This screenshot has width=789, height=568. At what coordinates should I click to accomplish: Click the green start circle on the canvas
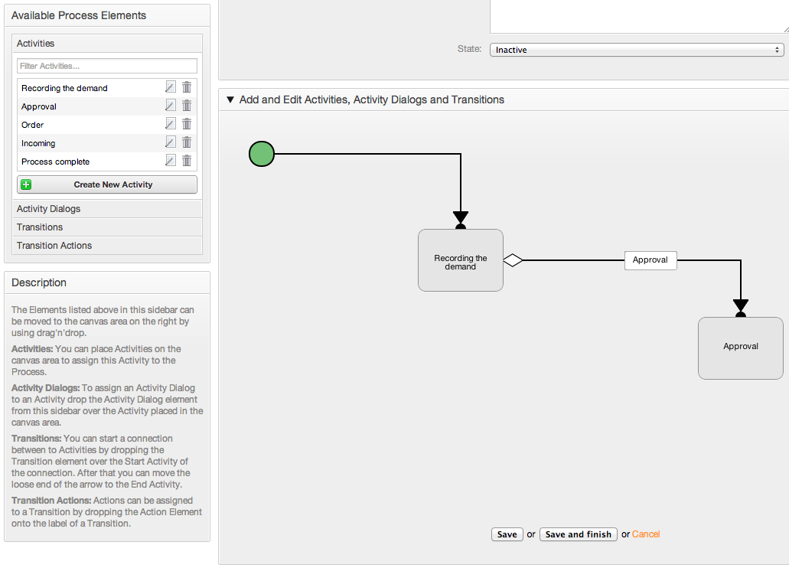(x=262, y=154)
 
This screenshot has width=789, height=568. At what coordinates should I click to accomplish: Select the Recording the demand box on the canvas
(x=461, y=260)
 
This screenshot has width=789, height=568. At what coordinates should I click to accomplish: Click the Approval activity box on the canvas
(x=740, y=348)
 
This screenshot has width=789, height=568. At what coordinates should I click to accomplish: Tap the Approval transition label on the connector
(x=650, y=260)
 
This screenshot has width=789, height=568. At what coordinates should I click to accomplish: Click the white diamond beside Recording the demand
(x=513, y=260)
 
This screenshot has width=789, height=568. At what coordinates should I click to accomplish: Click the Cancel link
(x=646, y=534)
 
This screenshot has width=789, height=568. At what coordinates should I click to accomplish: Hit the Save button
(x=507, y=534)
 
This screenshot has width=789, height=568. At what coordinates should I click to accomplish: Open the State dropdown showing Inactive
(x=637, y=50)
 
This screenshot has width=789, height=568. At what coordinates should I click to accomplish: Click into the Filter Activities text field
(x=107, y=66)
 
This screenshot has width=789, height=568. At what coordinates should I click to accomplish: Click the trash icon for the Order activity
(x=187, y=124)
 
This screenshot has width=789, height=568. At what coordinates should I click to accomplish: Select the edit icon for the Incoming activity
(x=171, y=142)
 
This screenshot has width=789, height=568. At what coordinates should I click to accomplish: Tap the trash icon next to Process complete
(x=187, y=161)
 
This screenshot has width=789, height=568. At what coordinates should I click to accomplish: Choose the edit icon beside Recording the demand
(x=171, y=87)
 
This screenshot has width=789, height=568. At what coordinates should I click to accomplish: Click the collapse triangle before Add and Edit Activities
(x=230, y=100)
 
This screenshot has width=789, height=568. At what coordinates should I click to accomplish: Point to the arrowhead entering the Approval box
(x=741, y=305)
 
